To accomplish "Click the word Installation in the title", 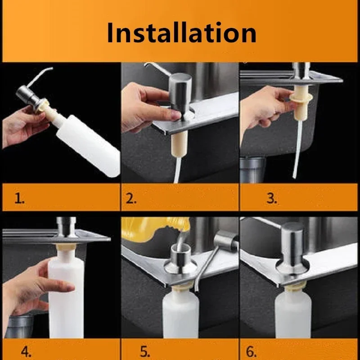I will (181, 32).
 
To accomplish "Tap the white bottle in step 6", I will (292, 315).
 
